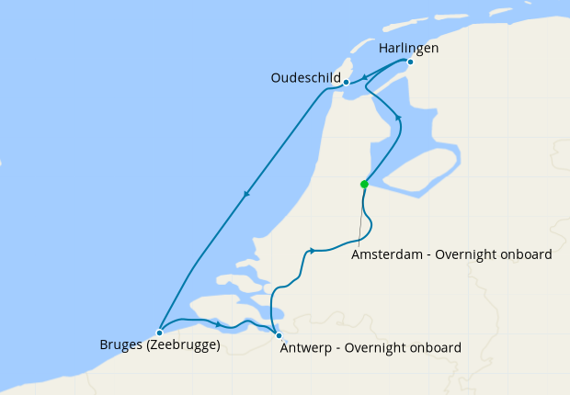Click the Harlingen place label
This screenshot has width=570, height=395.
(x=408, y=47)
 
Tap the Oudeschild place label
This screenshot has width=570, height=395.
(x=306, y=77)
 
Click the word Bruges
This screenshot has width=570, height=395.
(x=120, y=346)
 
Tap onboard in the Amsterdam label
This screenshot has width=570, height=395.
(x=525, y=255)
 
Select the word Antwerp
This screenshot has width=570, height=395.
(x=309, y=348)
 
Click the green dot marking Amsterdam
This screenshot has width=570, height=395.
(x=364, y=184)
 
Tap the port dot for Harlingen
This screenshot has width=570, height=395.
(x=410, y=62)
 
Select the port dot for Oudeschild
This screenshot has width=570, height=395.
(x=346, y=82)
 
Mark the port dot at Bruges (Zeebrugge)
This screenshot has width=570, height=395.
(x=159, y=333)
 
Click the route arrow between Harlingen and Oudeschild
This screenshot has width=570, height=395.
(x=366, y=77)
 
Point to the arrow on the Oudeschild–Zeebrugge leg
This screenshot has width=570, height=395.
(x=246, y=194)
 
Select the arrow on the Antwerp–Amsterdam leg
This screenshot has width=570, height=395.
(x=313, y=250)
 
